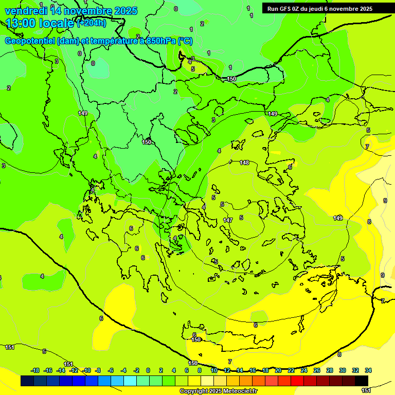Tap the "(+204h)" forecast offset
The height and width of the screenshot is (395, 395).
92,23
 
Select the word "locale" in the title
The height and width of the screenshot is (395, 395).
57,23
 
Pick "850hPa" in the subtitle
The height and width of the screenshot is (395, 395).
160,41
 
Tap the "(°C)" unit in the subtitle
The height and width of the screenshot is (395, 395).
185,41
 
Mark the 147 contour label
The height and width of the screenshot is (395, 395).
228,220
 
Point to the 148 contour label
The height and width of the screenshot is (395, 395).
244,163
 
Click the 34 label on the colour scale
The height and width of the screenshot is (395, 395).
368,370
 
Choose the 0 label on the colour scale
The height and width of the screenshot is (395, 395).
148,370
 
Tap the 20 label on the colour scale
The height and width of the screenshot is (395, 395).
278,370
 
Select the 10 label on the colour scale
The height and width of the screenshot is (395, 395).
214,370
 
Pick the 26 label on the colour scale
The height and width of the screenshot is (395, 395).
317,370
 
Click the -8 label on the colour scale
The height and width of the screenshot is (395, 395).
99,370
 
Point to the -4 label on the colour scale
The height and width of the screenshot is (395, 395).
123,370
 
